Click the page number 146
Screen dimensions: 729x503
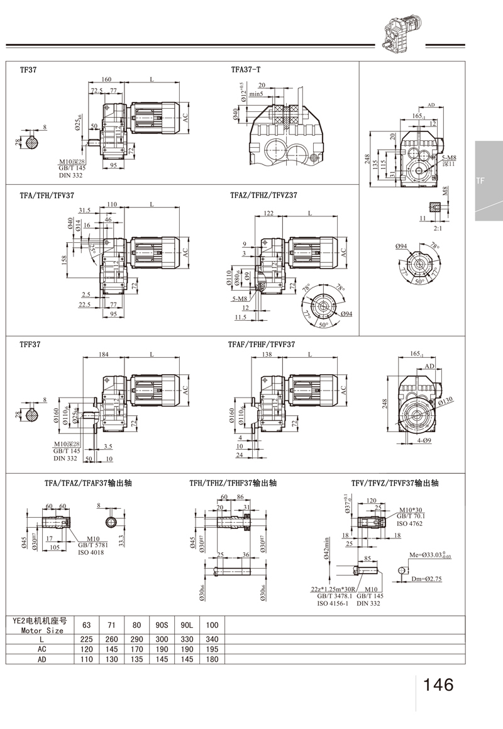click(438, 684)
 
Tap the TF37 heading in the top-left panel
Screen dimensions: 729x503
click(28, 70)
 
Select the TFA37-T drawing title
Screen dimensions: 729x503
click(246, 70)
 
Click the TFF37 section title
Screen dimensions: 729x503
click(30, 345)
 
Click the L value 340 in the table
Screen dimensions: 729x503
click(212, 638)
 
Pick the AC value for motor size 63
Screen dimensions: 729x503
click(87, 648)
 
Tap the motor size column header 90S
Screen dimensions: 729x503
click(162, 625)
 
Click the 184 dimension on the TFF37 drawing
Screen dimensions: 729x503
click(104, 355)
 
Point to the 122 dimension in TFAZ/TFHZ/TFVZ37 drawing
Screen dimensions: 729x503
click(268, 214)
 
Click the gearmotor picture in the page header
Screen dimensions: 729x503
click(402, 31)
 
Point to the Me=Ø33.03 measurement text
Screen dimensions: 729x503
click(430, 554)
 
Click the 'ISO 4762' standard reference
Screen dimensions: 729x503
click(409, 523)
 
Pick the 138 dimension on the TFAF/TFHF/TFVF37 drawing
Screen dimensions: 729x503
click(268, 355)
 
